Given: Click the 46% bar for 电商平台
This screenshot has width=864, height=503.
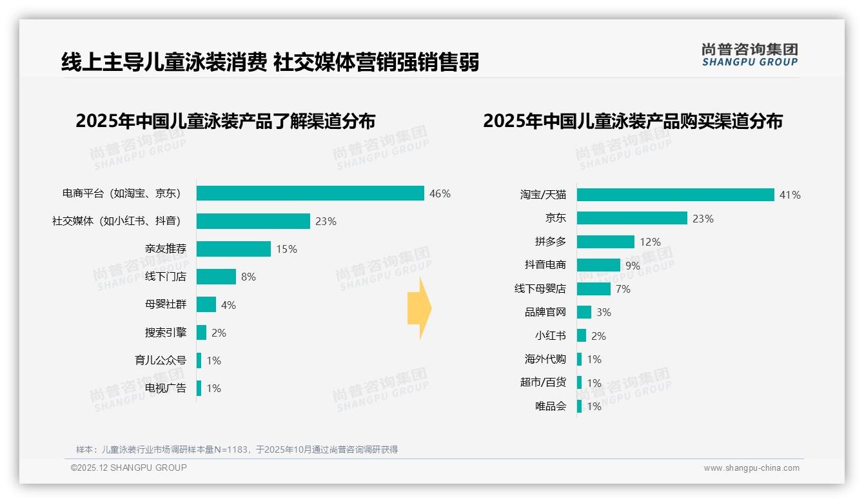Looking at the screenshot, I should click(310, 193).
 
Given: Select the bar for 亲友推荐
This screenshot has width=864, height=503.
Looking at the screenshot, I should click(233, 249).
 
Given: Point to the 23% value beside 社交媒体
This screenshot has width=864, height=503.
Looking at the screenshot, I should click(326, 221).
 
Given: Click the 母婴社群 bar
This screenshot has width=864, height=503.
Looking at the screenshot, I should click(206, 304).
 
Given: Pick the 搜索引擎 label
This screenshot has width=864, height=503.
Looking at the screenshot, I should click(165, 333).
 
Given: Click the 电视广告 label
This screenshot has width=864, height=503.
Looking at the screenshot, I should click(165, 388).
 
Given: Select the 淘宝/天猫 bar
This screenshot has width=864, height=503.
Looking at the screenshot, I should click(675, 195).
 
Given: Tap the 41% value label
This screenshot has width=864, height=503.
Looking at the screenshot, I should click(790, 195).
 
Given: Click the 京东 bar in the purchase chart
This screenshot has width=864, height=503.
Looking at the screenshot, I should click(632, 218).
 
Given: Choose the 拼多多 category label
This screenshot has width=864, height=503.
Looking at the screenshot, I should click(550, 242).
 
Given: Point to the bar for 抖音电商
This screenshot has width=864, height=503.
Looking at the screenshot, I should click(598, 265).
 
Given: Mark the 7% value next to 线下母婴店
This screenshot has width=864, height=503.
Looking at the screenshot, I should click(623, 289).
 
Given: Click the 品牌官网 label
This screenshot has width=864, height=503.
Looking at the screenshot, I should click(545, 312).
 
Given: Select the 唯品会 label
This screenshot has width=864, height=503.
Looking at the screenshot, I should click(550, 406).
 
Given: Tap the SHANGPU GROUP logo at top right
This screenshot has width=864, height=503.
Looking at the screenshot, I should click(750, 55).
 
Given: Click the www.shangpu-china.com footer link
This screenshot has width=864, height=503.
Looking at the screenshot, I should click(751, 468).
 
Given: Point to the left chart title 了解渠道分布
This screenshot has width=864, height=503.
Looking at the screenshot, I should click(225, 121).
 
